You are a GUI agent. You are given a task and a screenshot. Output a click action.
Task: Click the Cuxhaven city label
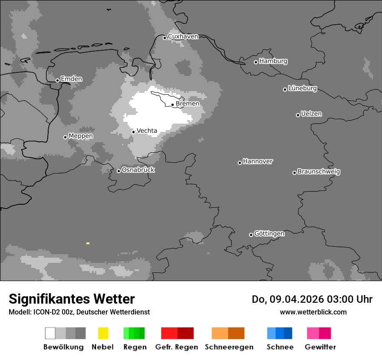(183, 36)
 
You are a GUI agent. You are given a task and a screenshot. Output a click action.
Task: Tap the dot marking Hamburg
(256, 62)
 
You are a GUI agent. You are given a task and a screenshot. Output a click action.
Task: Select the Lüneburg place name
(303, 88)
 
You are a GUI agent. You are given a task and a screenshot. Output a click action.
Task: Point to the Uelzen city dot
(298, 115)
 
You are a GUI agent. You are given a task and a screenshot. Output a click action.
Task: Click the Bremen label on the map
(188, 104)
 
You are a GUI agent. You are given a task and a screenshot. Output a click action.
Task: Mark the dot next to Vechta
(133, 132)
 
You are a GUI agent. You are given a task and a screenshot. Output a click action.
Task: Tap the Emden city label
(71, 79)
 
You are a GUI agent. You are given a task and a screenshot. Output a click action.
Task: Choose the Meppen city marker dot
(65, 137)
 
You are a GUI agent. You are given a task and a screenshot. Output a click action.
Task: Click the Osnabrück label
(138, 170)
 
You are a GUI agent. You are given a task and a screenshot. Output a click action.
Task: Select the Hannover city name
(258, 161)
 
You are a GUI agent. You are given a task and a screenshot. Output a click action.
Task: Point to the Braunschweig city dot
(294, 173)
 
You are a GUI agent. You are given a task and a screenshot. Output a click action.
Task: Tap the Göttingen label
(269, 234)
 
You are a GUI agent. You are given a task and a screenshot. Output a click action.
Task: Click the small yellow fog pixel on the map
(88, 243)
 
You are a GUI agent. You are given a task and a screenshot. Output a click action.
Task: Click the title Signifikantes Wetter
(72, 299)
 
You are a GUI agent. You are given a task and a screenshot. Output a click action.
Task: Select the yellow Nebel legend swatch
(103, 333)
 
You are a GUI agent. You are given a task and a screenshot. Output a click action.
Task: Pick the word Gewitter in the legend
(320, 347)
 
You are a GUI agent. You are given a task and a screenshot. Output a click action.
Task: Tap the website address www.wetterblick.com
(313, 312)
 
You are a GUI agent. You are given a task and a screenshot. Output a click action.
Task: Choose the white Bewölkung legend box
(50, 333)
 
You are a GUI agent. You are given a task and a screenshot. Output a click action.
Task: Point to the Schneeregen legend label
(229, 347)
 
